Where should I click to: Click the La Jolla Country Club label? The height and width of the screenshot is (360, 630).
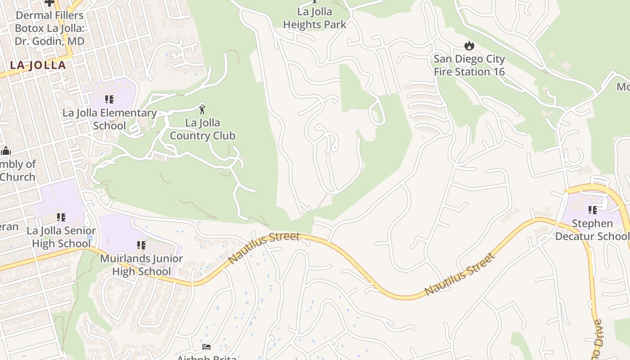point(202,129)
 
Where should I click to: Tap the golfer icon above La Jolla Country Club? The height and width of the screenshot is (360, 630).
point(202,108)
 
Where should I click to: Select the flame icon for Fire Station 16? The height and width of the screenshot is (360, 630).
point(469,45)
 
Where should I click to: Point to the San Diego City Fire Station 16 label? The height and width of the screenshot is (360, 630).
point(469,65)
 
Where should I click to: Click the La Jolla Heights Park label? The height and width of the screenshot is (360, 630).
point(315,18)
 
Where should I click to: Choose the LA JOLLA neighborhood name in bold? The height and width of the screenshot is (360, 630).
point(38,65)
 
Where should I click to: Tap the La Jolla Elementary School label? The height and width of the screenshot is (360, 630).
point(109,119)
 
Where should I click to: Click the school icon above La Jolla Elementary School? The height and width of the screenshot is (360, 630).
point(109,99)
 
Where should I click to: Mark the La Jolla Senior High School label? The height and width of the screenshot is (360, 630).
point(61,237)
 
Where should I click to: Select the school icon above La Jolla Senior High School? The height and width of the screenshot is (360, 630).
point(61,217)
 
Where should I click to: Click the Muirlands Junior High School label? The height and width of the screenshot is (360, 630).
point(141,265)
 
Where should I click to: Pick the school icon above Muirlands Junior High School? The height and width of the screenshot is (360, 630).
point(141,245)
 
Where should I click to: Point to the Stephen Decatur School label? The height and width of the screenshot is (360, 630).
point(592,230)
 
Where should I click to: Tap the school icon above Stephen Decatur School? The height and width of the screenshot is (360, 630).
point(593,210)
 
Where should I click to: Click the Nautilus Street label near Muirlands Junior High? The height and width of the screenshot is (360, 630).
point(264,247)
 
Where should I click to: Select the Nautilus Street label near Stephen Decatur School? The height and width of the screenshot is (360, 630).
point(459,274)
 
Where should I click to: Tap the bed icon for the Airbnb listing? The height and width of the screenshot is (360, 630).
point(207,347)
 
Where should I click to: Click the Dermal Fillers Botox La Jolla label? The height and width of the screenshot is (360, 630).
point(49,28)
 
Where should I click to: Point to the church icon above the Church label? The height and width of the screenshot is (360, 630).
point(6,151)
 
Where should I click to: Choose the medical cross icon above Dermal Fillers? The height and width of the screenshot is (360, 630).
point(49,3)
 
